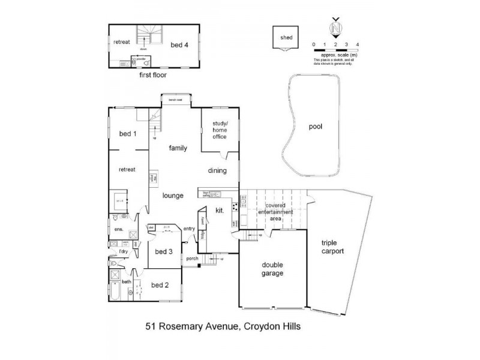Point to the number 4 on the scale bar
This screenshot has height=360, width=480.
(358, 45)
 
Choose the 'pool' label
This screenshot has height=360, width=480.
(316, 127)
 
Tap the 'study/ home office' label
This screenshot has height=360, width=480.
(219, 130)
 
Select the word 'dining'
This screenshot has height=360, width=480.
(218, 170)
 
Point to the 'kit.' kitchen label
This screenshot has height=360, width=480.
(219, 211)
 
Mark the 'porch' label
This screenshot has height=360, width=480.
(192, 259)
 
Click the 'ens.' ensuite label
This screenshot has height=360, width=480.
(118, 229)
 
